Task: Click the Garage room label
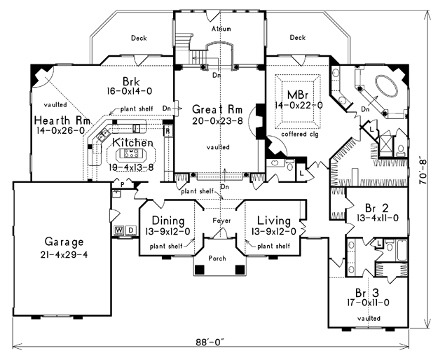pos(64,242)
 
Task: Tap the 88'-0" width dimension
pos(210,342)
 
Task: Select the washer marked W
pos(119,230)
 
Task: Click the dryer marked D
pos(131,230)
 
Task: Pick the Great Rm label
pos(217,109)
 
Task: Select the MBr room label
pos(298,95)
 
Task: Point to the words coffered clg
pos(300,134)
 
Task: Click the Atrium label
pos(221,29)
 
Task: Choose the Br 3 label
pos(367,293)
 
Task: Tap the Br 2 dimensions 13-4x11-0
pos(378,218)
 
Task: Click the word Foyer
pos(221,221)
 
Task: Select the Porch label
pos(217,258)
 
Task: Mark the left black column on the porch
pos(200,270)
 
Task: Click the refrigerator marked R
pos(168,132)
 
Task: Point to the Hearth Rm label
pos(62,120)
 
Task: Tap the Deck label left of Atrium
pos(139,38)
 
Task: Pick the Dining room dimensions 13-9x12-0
pos(167,231)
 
